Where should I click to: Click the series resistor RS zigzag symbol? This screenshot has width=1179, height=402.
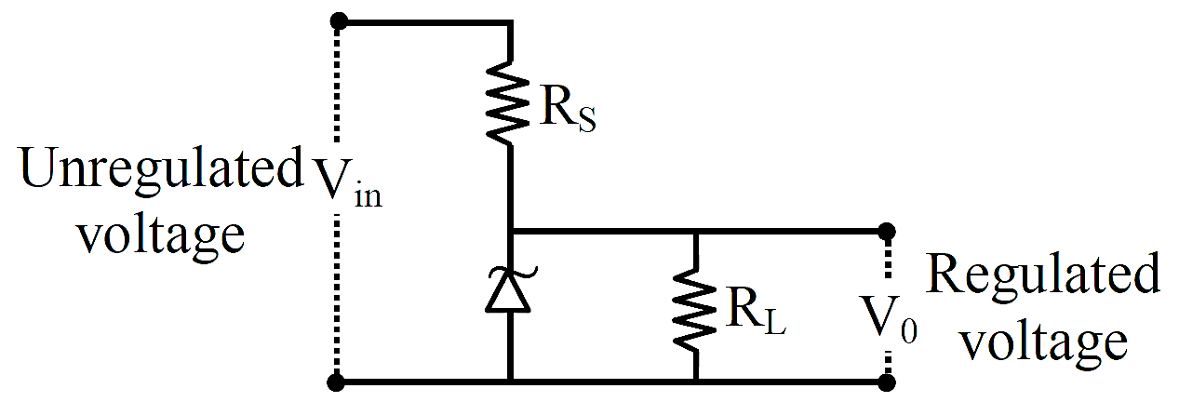tap(507, 102)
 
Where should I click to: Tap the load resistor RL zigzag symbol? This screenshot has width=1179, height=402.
tap(695, 309)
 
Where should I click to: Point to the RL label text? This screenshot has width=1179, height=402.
tap(756, 315)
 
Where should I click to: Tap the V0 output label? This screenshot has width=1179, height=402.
tap(888, 319)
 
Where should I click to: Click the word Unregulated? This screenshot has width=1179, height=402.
tap(162, 169)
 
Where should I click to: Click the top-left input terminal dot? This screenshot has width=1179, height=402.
tap(339, 21)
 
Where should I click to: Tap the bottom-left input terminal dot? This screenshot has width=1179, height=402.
tap(336, 382)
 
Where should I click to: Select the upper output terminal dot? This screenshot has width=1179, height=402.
tap(887, 231)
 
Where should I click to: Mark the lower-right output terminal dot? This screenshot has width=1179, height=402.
tap(887, 382)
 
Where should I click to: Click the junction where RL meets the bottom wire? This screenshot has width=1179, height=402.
tap(695, 381)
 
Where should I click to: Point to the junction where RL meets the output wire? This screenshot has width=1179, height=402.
tap(695, 232)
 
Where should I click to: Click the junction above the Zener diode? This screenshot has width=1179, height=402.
tap(510, 232)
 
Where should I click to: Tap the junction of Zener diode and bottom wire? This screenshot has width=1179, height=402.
tap(510, 381)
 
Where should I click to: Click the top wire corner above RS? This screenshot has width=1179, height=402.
tap(510, 22)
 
